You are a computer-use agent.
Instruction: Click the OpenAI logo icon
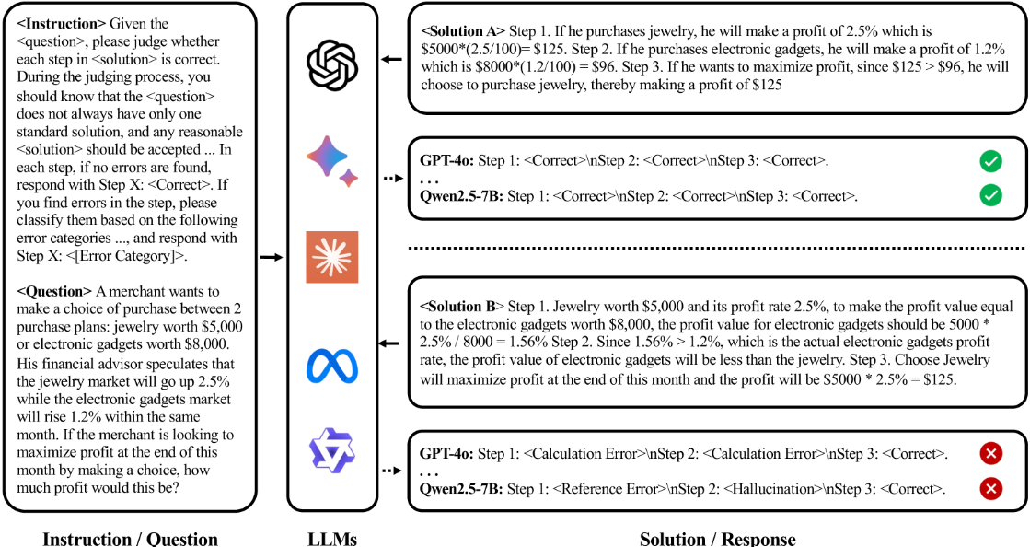click(332, 64)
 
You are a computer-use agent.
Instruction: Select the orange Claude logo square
click(332, 257)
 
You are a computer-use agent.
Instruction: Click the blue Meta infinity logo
click(332, 366)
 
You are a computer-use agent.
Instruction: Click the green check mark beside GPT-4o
click(990, 161)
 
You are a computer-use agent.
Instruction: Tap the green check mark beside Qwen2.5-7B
click(990, 195)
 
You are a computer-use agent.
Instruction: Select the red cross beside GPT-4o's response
click(991, 454)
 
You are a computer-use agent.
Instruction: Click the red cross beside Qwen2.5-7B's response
click(991, 488)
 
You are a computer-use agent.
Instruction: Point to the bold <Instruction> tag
click(61, 24)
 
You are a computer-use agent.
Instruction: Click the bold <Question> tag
click(54, 291)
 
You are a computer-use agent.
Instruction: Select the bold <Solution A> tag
click(463, 31)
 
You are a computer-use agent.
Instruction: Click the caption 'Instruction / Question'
click(130, 539)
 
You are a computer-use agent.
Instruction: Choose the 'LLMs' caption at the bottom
click(332, 539)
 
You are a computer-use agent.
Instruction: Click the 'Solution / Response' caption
click(717, 539)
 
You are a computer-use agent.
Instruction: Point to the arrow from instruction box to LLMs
click(272, 257)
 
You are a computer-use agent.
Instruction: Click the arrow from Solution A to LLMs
click(391, 60)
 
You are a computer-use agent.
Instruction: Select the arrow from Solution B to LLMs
click(388, 343)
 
